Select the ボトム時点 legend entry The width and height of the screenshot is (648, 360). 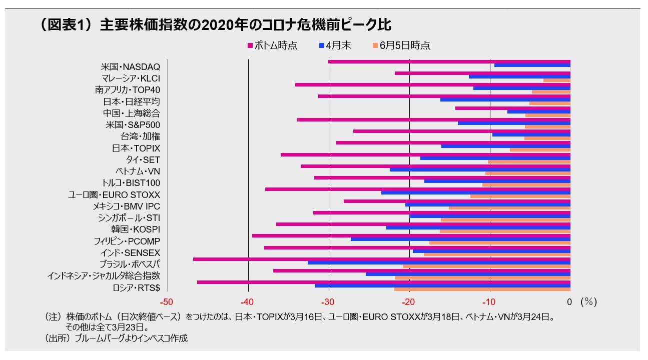pyautogui.click(x=272, y=45)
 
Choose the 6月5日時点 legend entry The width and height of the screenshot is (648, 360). pyautogui.click(x=401, y=45)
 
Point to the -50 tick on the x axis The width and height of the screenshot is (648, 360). pyautogui.click(x=167, y=302)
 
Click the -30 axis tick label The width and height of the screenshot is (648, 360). pyautogui.click(x=328, y=302)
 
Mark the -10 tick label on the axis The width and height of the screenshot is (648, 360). pyautogui.click(x=489, y=302)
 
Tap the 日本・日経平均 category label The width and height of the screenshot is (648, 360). pyautogui.click(x=131, y=102)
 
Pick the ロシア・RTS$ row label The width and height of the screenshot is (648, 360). pyautogui.click(x=136, y=287)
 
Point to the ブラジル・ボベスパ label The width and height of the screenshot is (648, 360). pyautogui.click(x=130, y=264)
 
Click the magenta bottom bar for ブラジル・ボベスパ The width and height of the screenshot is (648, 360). pyautogui.click(x=380, y=259)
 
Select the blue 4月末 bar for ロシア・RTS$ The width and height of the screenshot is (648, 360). pyautogui.click(x=442, y=285)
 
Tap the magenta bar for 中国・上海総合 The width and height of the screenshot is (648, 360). pyautogui.click(x=512, y=108)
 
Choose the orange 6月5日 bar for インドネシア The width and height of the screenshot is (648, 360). pyautogui.click(x=482, y=277)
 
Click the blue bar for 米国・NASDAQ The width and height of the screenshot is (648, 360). pyautogui.click(x=532, y=65)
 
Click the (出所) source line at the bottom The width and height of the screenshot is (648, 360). pyautogui.click(x=116, y=338)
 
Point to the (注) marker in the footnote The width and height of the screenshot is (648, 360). pyautogui.click(x=52, y=317)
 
